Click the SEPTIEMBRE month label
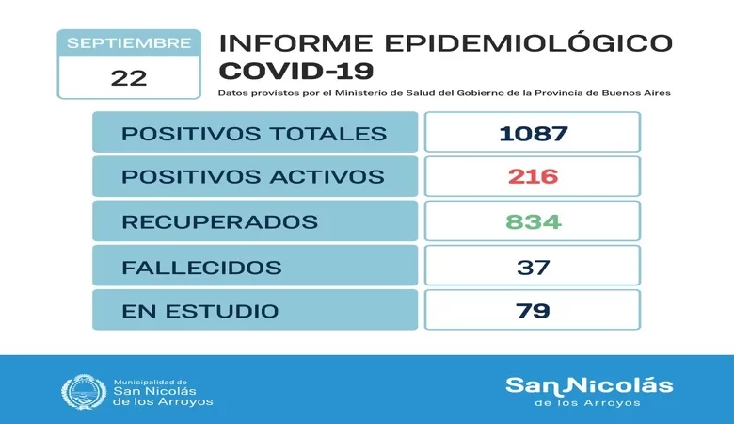click(x=129, y=43)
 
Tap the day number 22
click(x=128, y=77)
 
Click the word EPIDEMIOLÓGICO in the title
click(x=523, y=43)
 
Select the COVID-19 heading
click(x=296, y=71)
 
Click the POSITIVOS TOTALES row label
click(x=254, y=133)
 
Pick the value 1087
click(x=533, y=133)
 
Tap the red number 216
click(x=533, y=177)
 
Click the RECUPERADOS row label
click(x=219, y=222)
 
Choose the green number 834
click(x=533, y=222)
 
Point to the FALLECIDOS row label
click(x=201, y=267)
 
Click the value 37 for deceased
click(x=533, y=267)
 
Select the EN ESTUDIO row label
click(x=199, y=311)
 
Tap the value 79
click(x=533, y=311)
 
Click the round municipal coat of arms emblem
click(x=83, y=392)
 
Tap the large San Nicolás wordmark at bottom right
click(x=589, y=384)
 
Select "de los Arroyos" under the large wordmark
click(x=588, y=403)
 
